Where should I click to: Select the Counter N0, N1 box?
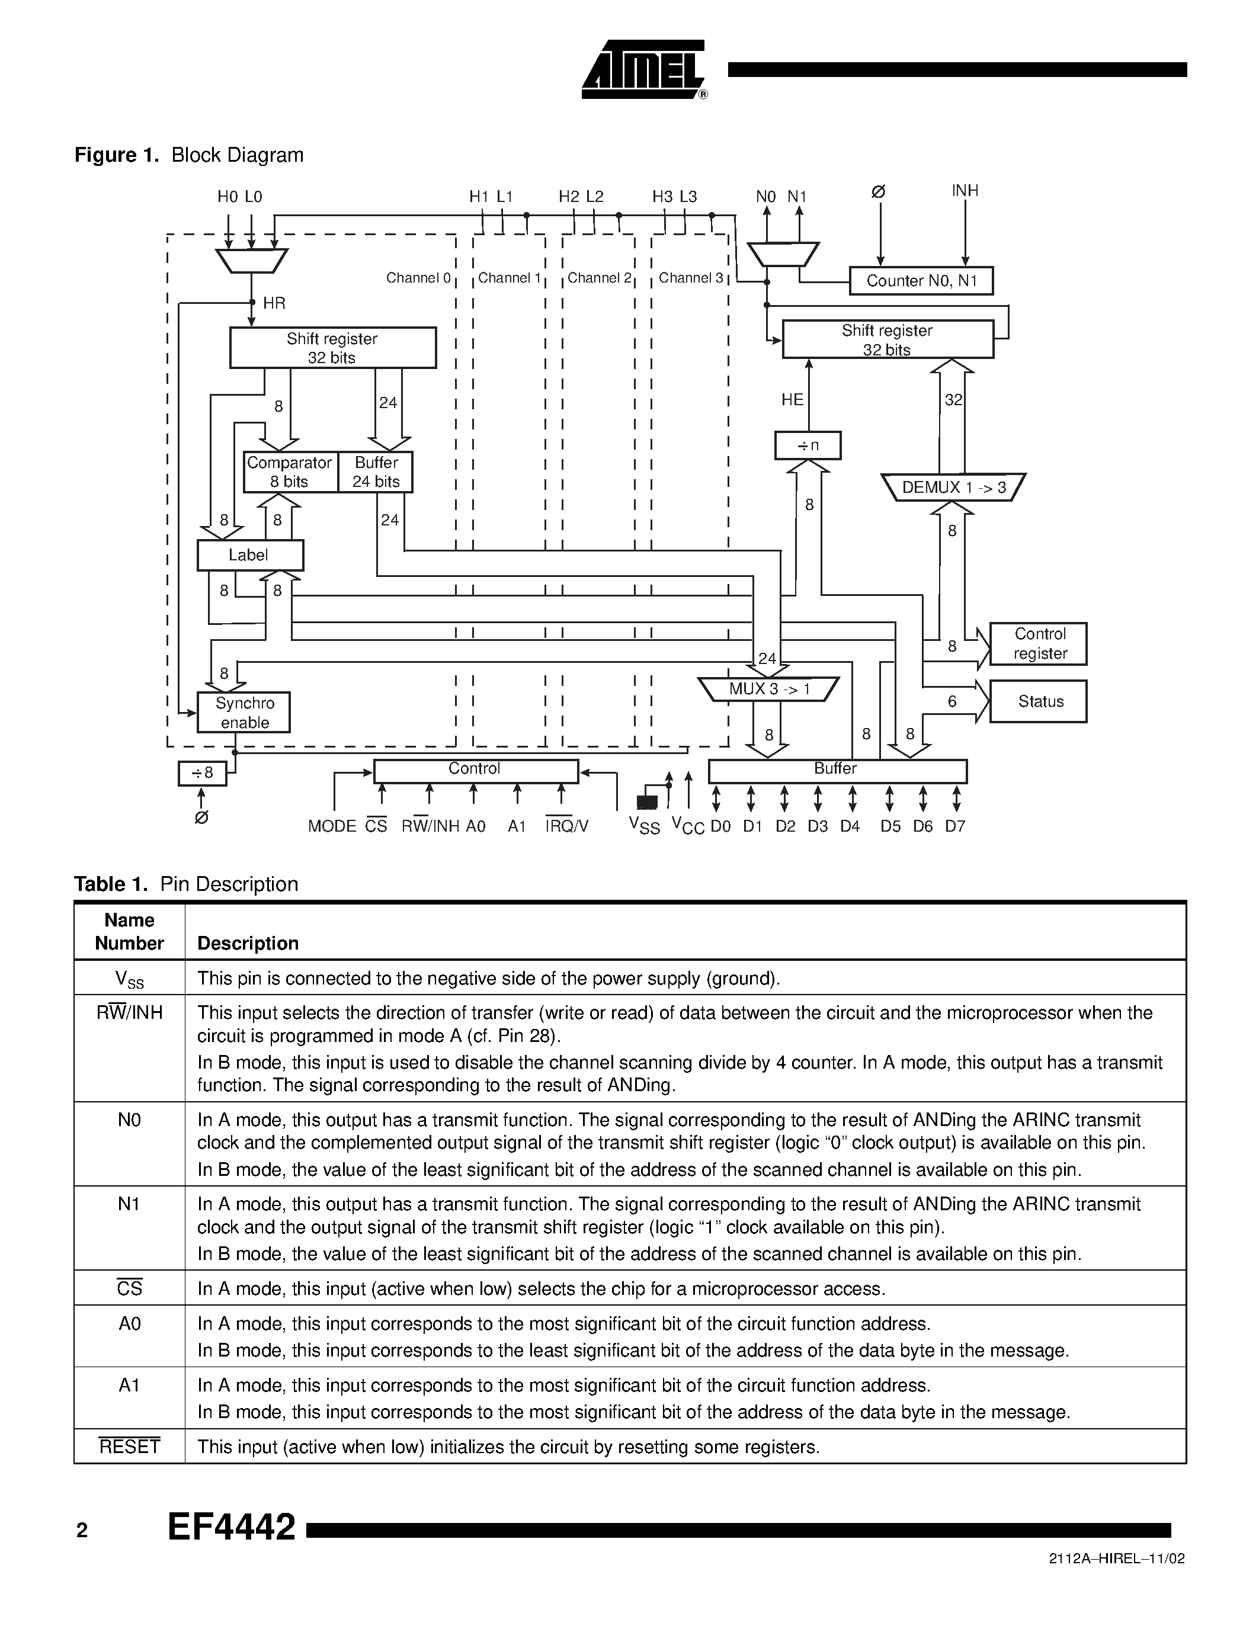pyautogui.click(x=921, y=281)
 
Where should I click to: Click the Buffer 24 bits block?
pyautogui.click(x=376, y=472)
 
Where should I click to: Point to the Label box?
pyautogui.click(x=249, y=556)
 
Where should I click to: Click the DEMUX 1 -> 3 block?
pyautogui.click(x=953, y=488)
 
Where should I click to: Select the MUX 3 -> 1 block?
pyautogui.click(x=769, y=689)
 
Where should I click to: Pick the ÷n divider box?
pyautogui.click(x=808, y=446)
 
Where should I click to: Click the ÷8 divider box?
pyautogui.click(x=202, y=772)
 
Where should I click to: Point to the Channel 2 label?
pyautogui.click(x=599, y=278)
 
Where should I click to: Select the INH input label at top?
pyautogui.click(x=965, y=191)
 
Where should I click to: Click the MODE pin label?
pyautogui.click(x=332, y=826)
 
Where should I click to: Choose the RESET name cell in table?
pyautogui.click(x=130, y=1447)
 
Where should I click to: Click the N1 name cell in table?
pyautogui.click(x=130, y=1204)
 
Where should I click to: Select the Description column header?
pyautogui.click(x=248, y=944)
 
